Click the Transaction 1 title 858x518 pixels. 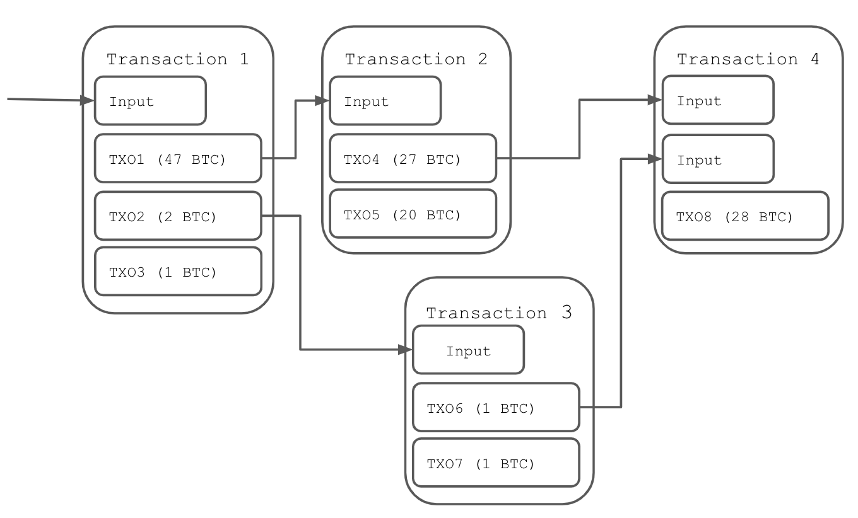177,60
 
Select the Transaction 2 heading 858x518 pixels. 416,60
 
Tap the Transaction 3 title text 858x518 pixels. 498,313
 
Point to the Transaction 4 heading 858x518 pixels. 748,60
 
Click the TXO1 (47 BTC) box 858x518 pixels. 178,159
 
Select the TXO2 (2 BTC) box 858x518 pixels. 178,216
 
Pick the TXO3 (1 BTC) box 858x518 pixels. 178,272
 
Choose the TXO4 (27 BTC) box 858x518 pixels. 413,159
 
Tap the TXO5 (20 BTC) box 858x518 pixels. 413,214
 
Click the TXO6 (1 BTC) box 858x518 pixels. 496,408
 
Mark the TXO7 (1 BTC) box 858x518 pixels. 496,463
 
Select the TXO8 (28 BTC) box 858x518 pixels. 745,216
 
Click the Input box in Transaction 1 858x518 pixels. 150,101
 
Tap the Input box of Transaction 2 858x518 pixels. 385,101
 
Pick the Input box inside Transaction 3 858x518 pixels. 468,350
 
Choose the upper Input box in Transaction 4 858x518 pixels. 717,100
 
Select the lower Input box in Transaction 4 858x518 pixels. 717,159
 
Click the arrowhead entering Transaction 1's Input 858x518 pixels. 88,100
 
